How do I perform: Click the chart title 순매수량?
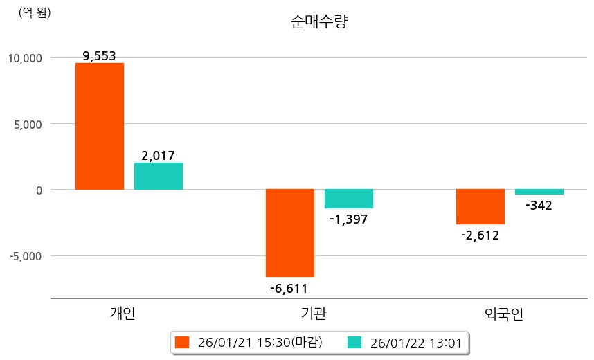tap(318, 21)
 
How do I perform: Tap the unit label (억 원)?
tap(35, 12)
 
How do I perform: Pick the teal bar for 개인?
tap(159, 176)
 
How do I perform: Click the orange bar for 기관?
tap(290, 233)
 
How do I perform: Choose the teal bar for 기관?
tap(349, 199)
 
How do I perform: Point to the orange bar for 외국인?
tap(480, 206)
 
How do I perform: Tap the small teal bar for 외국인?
tap(539, 192)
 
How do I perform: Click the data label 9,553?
tap(99, 57)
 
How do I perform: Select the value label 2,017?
tap(158, 156)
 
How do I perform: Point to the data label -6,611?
tap(289, 288)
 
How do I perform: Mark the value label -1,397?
tap(349, 219)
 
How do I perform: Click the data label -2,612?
tap(480, 235)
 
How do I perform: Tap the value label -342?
tap(539, 206)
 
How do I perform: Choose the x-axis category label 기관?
tap(315, 314)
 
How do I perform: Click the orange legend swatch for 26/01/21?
tap(182, 342)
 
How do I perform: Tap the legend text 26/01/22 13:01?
tap(416, 342)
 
